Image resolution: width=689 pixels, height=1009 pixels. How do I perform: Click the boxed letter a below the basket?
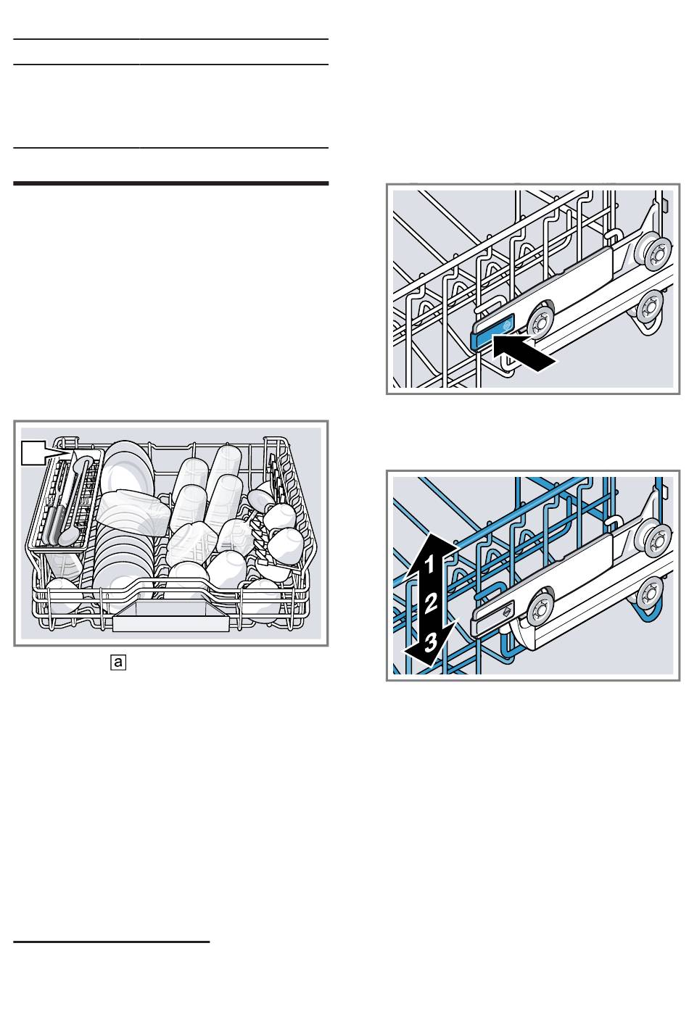pyautogui.click(x=118, y=661)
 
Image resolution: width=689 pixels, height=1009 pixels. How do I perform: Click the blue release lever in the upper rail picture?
pyautogui.click(x=491, y=331)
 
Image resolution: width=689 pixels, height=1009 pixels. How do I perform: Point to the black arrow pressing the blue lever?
pyautogui.click(x=524, y=354)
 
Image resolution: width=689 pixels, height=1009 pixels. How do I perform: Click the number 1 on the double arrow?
pyautogui.click(x=429, y=562)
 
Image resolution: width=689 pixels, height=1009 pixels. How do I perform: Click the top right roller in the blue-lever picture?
pyautogui.click(x=656, y=253)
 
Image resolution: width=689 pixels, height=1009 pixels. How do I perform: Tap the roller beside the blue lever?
pyautogui.click(x=540, y=320)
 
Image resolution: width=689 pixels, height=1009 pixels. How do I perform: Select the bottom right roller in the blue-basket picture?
pyautogui.click(x=651, y=591)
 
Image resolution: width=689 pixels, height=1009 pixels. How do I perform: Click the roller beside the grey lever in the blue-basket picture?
pyautogui.click(x=540, y=607)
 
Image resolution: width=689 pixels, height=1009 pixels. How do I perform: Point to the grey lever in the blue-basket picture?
pyautogui.click(x=491, y=617)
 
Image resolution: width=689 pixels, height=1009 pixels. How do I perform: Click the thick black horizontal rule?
pyautogui.click(x=171, y=183)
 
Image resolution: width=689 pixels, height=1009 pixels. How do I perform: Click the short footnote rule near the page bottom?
pyautogui.click(x=112, y=942)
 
